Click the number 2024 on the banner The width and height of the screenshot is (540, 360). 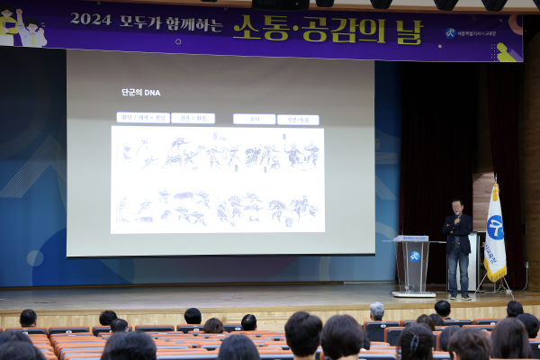[x=91, y=19]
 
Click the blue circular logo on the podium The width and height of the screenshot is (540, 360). [x=414, y=256]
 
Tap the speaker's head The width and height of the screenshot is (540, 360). [x=457, y=206]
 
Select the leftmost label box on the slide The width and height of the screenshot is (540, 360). [x=142, y=118]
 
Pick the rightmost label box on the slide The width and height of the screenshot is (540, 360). [x=298, y=119]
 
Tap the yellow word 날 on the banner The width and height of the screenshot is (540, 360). [x=407, y=31]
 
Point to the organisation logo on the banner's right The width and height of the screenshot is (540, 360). [x=451, y=33]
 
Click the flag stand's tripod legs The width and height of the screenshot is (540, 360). [x=495, y=287]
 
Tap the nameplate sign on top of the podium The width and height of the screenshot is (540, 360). [x=413, y=238]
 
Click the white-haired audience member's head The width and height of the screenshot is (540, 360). [x=376, y=311]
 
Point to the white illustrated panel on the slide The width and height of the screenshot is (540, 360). [x=218, y=179]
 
